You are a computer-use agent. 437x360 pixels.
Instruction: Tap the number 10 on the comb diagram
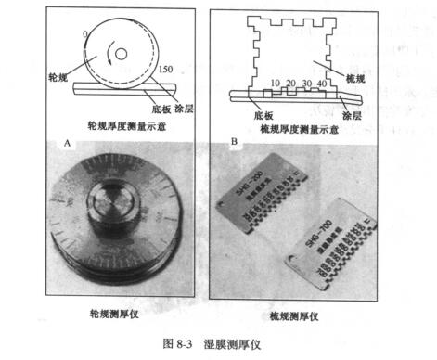pos(275,84)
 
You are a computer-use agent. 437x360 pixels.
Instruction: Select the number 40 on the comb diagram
pos(321,84)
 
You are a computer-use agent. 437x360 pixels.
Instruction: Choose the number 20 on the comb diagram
pos(290,84)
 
